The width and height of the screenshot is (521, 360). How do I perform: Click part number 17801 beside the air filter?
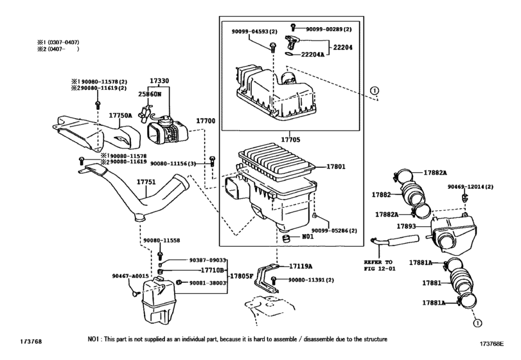click(335, 166)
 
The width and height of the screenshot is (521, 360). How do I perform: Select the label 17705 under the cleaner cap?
click(290, 138)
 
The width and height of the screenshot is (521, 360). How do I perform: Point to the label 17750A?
click(120, 115)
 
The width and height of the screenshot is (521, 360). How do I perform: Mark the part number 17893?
click(407, 226)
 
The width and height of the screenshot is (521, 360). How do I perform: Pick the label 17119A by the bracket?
click(300, 265)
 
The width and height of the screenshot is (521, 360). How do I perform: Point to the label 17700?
click(206, 120)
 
